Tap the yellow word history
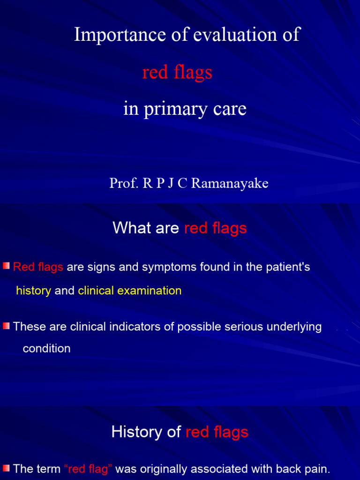pyautogui.click(x=33, y=291)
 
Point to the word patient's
pyautogui.click(x=287, y=267)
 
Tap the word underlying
pyautogui.click(x=294, y=327)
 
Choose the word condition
pyautogui.click(x=46, y=349)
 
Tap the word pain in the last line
pyautogui.click(x=319, y=469)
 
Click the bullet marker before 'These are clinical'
pyautogui.click(x=6, y=326)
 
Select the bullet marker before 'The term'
pyautogui.click(x=6, y=468)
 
